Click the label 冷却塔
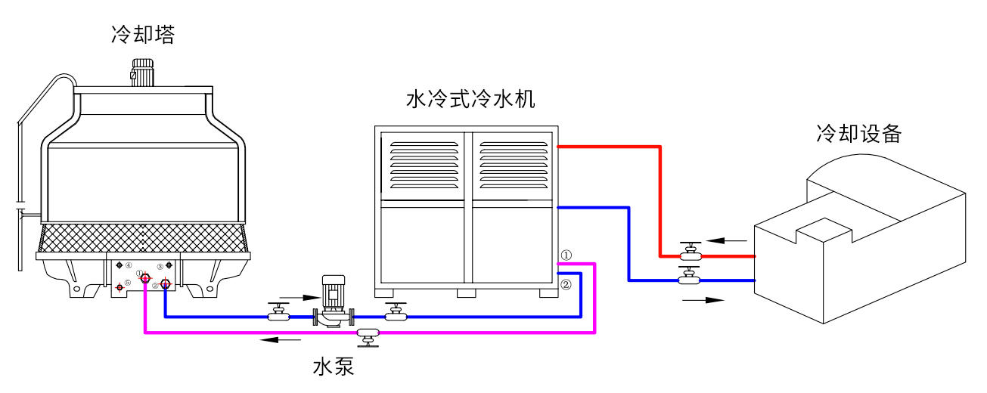143,34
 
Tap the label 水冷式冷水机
470,99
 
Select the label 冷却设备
858,133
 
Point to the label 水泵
333,366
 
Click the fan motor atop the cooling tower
142,72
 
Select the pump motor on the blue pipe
333,291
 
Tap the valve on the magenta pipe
368,337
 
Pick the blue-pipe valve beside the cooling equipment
690,276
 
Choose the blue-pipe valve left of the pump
278,312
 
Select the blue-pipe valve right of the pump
396,312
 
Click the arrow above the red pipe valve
727,241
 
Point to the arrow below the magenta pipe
281,340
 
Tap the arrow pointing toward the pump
300,298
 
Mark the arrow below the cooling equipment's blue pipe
703,300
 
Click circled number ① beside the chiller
566,255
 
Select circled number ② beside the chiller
566,285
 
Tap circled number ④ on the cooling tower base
129,265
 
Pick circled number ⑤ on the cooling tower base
128,283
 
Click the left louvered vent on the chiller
424,165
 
